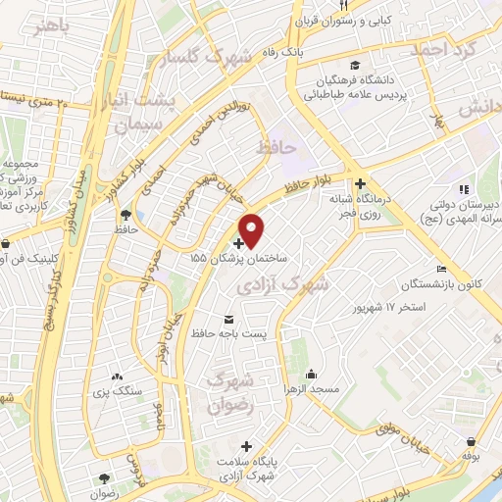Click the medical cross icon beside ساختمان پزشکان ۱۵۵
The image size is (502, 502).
239,241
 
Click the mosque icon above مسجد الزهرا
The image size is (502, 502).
311,374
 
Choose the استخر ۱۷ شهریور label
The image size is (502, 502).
390,307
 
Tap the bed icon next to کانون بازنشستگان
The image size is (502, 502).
442,270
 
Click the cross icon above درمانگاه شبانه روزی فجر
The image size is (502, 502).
361,183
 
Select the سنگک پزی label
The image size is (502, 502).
119,392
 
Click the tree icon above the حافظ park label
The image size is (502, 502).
125,216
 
